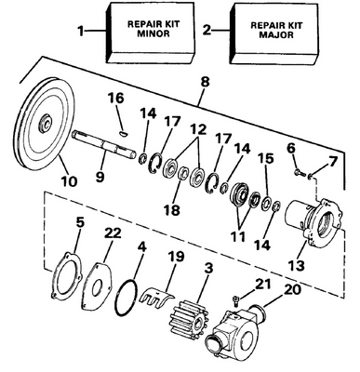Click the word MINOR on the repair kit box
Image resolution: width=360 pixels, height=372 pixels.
tap(153, 33)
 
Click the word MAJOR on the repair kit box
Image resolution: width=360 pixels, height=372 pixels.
tap(276, 34)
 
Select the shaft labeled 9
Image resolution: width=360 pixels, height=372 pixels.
tap(104, 144)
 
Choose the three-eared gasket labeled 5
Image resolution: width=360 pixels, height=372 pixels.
tap(66, 276)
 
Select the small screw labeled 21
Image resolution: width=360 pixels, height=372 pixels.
tap(235, 299)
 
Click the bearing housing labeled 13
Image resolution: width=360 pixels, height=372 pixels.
tap(313, 221)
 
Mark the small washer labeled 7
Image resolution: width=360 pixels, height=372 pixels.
tap(311, 177)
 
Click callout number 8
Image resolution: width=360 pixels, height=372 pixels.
tap(205, 82)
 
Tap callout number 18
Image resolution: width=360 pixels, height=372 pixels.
tap(171, 209)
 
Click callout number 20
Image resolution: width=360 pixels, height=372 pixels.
tap(291, 289)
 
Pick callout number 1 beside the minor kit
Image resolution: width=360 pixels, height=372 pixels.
tap(81, 31)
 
